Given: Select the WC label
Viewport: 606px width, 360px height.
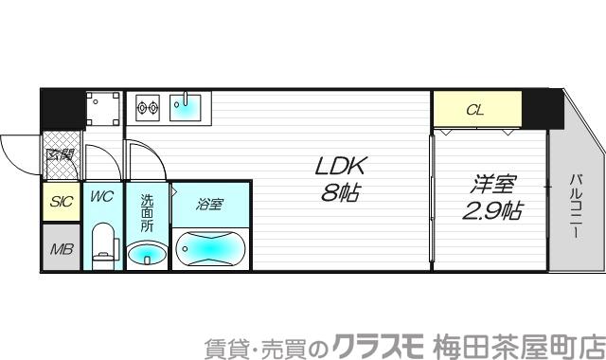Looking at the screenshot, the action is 101,198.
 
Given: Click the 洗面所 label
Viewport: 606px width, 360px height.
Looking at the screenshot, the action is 147,214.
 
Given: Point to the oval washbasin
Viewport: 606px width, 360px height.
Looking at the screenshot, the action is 147,254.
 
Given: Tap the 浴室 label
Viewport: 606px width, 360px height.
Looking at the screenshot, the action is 210,203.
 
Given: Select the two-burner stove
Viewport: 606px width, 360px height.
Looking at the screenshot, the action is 148,107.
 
